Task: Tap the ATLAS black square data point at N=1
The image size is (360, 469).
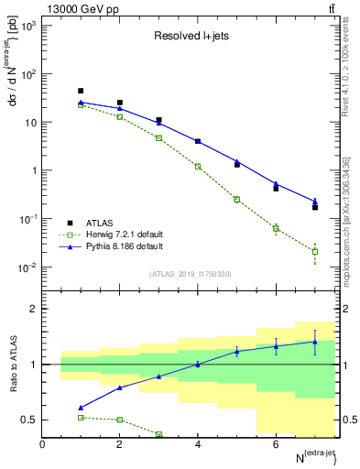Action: pyautogui.click(x=81, y=91)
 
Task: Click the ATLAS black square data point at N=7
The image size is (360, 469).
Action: pyautogui.click(x=315, y=207)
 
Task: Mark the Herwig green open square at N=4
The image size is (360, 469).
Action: pyautogui.click(x=198, y=167)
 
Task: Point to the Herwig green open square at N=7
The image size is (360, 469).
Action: pyautogui.click(x=315, y=251)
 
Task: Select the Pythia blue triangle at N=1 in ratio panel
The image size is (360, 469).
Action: pyautogui.click(x=81, y=408)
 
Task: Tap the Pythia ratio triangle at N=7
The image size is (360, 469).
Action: pyautogui.click(x=315, y=342)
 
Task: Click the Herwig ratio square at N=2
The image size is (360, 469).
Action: pyautogui.click(x=120, y=420)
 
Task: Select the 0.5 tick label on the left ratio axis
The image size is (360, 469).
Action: pyautogui.click(x=32, y=420)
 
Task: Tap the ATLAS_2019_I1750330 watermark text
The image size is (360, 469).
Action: pyautogui.click(x=191, y=273)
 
